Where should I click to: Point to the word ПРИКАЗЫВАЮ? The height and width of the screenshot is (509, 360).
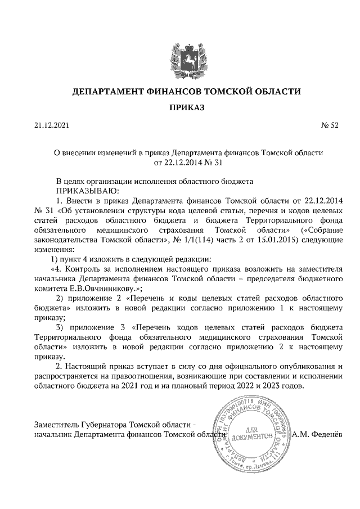[83, 191]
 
